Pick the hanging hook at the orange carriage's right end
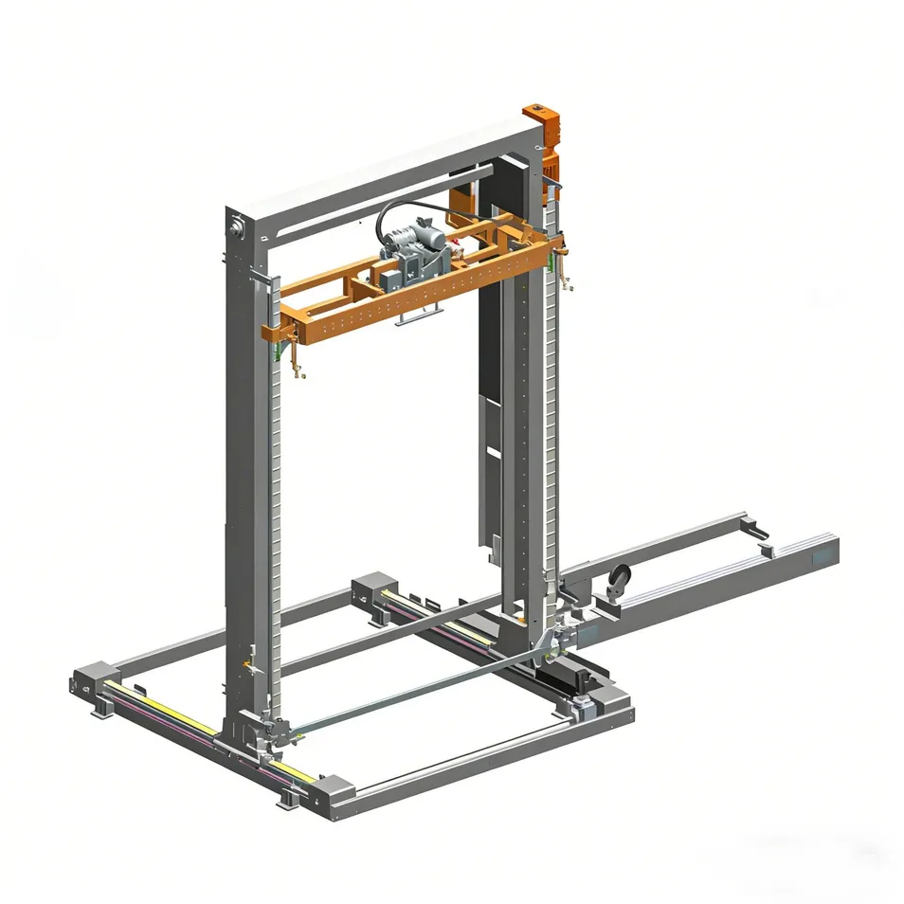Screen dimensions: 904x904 pyautogui.click(x=567, y=275)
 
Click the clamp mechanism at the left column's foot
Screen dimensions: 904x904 pyautogui.click(x=275, y=730)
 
